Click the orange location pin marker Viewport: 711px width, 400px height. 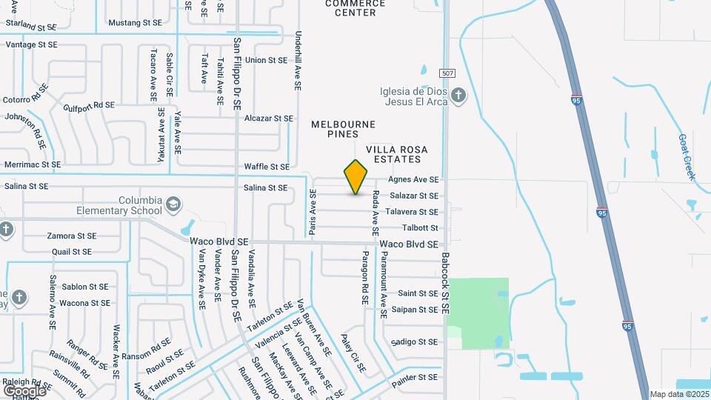pyautogui.click(x=355, y=177)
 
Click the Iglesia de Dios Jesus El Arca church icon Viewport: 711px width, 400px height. pyautogui.click(x=458, y=95)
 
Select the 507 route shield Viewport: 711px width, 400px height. pyautogui.click(x=446, y=73)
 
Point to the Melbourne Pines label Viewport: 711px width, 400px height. pyautogui.click(x=343, y=129)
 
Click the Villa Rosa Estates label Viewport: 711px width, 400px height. pyautogui.click(x=393, y=154)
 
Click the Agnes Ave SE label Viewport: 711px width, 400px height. pyautogui.click(x=413, y=180)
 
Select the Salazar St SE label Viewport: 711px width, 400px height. pyautogui.click(x=413, y=196)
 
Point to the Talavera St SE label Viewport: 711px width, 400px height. pyautogui.click(x=413, y=212)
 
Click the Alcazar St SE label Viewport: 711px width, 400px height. pyautogui.click(x=269, y=119)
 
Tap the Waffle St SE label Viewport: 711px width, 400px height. pyautogui.click(x=267, y=167)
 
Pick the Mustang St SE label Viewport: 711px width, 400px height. pyautogui.click(x=135, y=23)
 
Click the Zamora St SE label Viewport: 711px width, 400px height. pyautogui.click(x=72, y=236)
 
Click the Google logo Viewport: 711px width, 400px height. pyautogui.click(x=24, y=390)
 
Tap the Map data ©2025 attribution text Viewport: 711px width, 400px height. pyautogui.click(x=678, y=394)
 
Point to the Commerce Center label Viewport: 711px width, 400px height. pyautogui.click(x=355, y=8)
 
